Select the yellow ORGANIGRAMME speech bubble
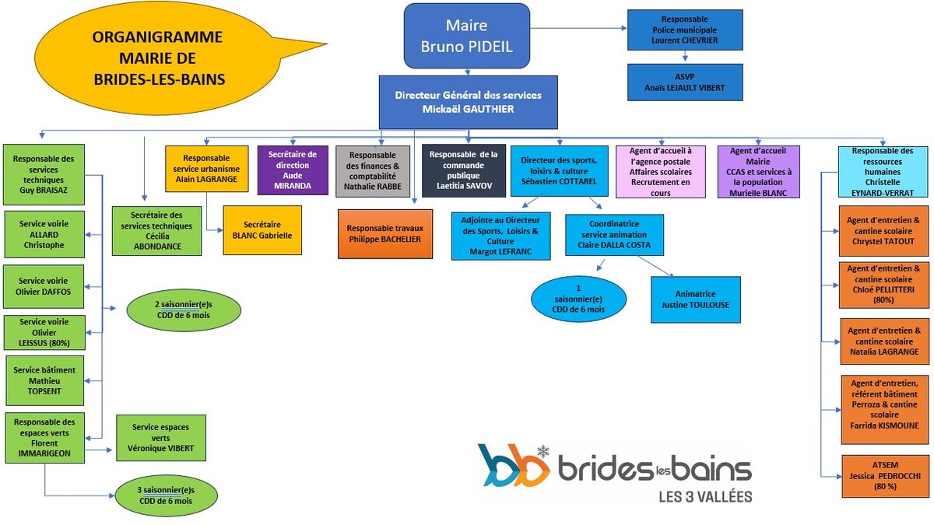coord(156,58)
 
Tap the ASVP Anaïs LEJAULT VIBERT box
coord(685,82)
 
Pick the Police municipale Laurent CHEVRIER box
coord(685,30)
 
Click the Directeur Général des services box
coord(468,102)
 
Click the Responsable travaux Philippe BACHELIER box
coord(384,233)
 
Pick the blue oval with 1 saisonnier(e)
coord(578,299)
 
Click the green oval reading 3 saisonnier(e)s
coord(166,495)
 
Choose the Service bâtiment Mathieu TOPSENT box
coord(44,380)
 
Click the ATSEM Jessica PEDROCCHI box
coord(885,476)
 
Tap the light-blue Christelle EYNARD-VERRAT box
coord(882,171)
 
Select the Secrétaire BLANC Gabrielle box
coord(262,229)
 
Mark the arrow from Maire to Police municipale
coord(580,29)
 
